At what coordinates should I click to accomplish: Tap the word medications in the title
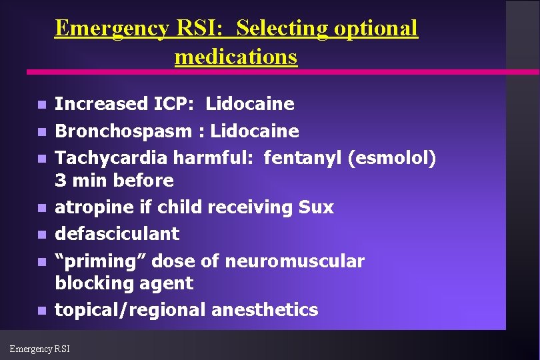235,57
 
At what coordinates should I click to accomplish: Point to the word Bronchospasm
123,131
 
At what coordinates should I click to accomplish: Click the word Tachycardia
111,158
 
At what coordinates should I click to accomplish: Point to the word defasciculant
117,234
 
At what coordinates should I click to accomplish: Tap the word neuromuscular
294,261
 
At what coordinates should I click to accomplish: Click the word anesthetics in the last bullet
265,310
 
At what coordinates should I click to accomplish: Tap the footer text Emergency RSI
40,348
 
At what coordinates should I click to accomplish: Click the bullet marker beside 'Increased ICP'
41,105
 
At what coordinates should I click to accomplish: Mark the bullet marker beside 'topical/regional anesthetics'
41,311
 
